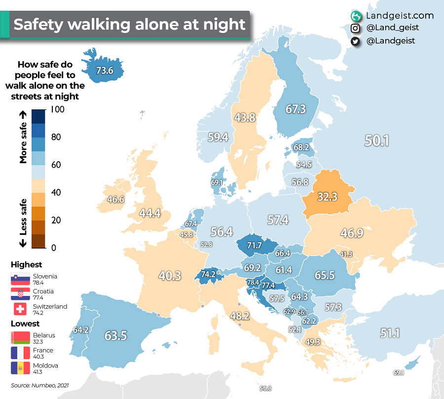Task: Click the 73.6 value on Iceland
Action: coord(105,71)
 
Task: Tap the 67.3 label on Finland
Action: coord(296,109)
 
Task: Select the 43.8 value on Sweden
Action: coord(245,118)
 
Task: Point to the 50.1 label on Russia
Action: coord(377,141)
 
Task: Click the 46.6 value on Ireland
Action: coord(115,200)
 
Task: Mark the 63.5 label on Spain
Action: coord(116,336)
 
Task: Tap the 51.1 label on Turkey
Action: coord(389,333)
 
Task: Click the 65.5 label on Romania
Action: coord(325,275)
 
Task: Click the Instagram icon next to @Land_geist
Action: coord(355,29)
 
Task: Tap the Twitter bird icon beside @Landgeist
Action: coord(355,41)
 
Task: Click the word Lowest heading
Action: coord(26,324)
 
